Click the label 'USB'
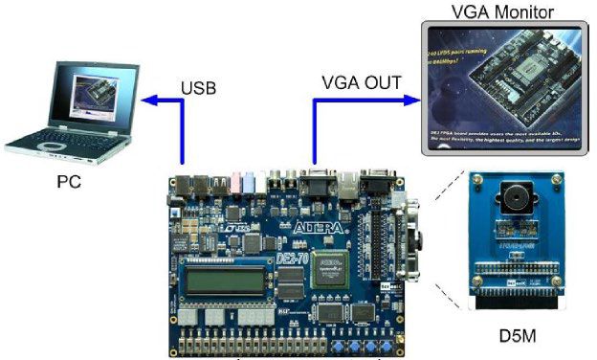point(199,88)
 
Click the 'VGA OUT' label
point(360,82)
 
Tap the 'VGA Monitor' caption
point(503,12)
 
